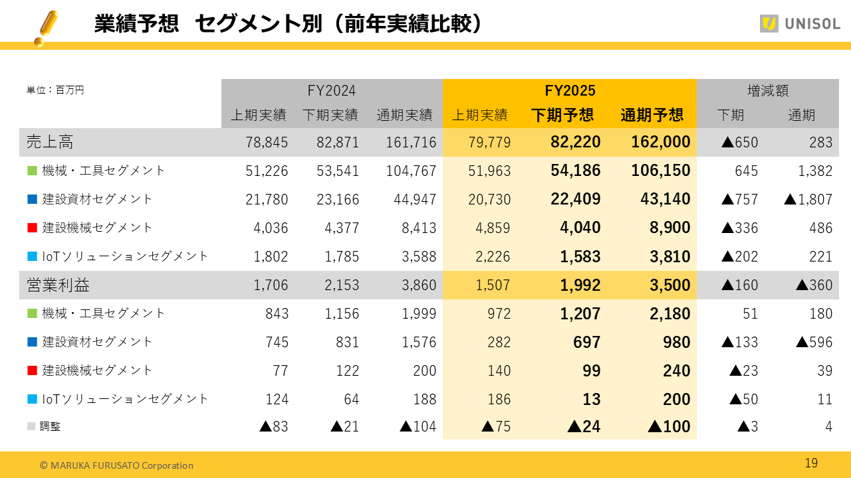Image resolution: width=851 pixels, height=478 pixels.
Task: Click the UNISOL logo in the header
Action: [800, 24]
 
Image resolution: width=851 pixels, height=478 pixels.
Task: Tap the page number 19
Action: [811, 463]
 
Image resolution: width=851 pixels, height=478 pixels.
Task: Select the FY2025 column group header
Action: [570, 90]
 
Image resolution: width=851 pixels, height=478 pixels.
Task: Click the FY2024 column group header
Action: [331, 90]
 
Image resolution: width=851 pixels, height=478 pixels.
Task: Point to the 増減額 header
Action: [767, 90]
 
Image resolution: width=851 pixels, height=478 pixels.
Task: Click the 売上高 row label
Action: [50, 141]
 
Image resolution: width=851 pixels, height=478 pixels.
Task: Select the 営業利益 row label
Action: [58, 285]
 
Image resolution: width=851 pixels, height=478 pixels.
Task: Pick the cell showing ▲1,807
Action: [808, 199]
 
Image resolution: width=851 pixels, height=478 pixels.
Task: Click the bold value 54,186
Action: [576, 171]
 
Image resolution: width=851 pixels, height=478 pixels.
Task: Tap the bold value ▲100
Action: [669, 427]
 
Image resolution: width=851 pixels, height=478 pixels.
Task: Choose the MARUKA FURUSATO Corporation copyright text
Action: [116, 465]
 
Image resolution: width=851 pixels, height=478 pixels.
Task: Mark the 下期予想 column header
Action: [562, 115]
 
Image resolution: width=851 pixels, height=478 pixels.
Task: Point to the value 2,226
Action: [491, 256]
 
